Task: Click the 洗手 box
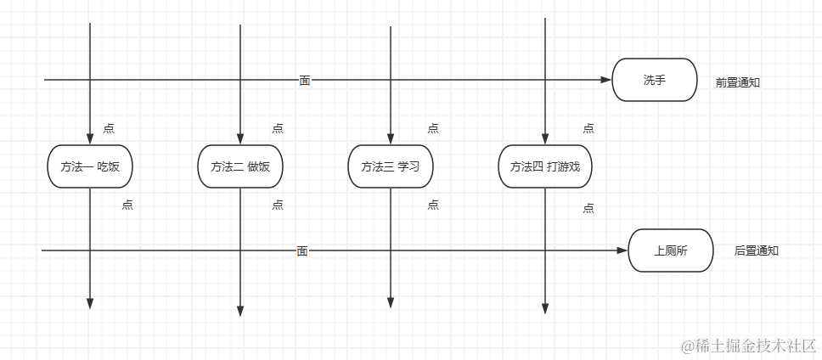654,80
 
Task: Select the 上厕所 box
671,250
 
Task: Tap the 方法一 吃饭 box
90,166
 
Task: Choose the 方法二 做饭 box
240,166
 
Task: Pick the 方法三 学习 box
391,166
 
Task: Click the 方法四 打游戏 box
545,166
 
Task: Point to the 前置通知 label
737,82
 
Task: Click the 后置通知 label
756,250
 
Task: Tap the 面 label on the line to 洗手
305,80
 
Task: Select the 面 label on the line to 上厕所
302,250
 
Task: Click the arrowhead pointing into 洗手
606,80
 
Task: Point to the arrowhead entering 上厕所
622,250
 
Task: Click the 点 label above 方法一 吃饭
109,128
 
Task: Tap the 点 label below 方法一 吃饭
127,205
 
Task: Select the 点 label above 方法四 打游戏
588,128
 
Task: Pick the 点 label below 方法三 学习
433,205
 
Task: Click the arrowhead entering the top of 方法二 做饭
240,139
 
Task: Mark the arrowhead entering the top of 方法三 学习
391,139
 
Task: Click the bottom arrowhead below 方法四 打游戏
545,308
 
